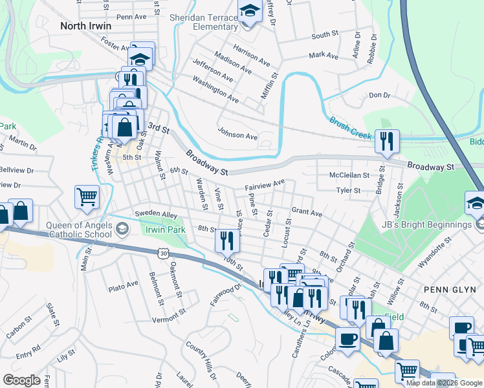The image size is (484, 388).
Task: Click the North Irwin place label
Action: [x=85, y=26]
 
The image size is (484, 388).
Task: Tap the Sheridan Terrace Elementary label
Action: [x=204, y=22]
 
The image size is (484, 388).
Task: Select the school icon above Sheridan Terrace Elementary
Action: [x=248, y=11]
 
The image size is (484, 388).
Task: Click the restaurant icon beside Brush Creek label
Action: [x=387, y=141]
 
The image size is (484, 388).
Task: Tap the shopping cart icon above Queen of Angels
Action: [x=87, y=197]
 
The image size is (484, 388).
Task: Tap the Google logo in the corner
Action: [x=21, y=380]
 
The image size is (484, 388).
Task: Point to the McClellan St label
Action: [x=349, y=175]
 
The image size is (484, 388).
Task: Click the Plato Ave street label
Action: [x=124, y=285]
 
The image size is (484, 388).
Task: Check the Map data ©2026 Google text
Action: [x=443, y=383]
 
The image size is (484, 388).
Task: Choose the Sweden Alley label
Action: [x=156, y=213]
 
